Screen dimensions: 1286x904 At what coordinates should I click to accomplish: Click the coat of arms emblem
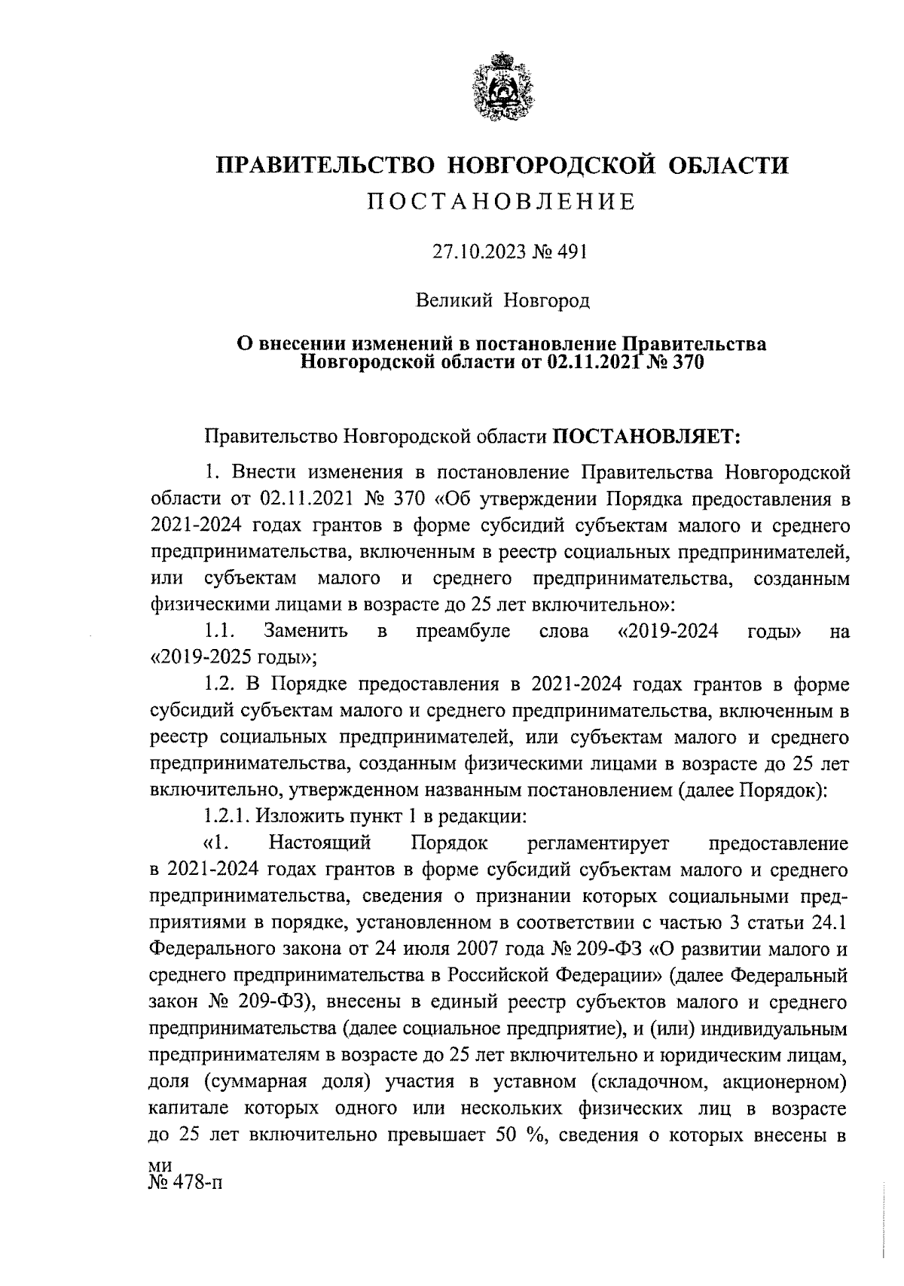502,86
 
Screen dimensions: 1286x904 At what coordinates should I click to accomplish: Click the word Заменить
306,631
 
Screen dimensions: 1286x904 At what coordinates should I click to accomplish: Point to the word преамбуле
463,631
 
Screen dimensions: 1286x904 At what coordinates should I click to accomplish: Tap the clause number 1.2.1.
232,816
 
